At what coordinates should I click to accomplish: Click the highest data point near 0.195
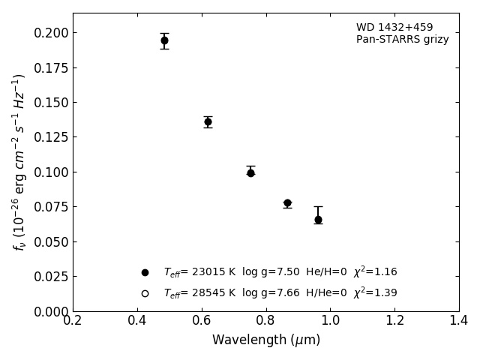pos(164,40)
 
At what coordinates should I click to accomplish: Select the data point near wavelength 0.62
pos(208,121)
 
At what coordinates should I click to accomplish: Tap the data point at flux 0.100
pos(250,172)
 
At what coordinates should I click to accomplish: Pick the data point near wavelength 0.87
pos(287,203)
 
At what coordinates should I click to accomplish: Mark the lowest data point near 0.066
pos(318,220)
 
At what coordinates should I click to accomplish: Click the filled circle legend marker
pos(145,272)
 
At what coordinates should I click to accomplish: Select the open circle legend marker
pos(145,293)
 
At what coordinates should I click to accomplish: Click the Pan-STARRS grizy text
pos(402,40)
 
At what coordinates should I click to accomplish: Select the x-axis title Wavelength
pos(265,340)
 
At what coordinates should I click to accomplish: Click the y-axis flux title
pos(19,162)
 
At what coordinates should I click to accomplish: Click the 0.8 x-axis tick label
pos(265,321)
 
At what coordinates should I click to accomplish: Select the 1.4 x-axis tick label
pos(459,321)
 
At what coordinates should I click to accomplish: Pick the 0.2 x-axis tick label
pos(73,321)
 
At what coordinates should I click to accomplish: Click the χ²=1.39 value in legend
pos(375,292)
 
